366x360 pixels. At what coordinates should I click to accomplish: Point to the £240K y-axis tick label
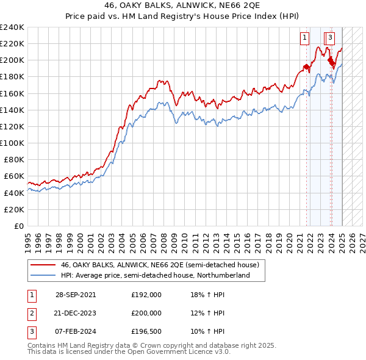(x=12, y=27)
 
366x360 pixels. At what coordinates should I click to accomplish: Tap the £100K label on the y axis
(x=12, y=143)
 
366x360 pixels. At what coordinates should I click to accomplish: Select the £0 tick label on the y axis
(x=18, y=226)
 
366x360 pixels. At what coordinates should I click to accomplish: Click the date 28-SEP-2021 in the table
(x=76, y=294)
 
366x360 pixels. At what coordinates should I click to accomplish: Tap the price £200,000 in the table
(x=146, y=313)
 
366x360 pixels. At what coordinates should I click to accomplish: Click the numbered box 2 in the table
(x=30, y=313)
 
